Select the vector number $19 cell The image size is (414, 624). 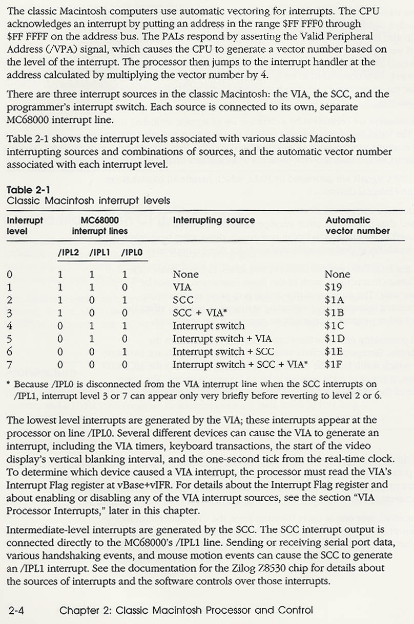pyautogui.click(x=334, y=287)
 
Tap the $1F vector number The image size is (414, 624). pyautogui.click(x=334, y=365)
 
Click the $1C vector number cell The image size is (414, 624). pyautogui.click(x=334, y=326)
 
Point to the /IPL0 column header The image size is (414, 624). pyautogui.click(x=132, y=252)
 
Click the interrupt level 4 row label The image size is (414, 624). pyautogui.click(x=10, y=326)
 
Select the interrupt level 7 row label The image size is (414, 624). pyautogui.click(x=10, y=365)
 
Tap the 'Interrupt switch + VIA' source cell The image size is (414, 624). pyautogui.click(x=222, y=339)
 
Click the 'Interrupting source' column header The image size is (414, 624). pyautogui.click(x=214, y=220)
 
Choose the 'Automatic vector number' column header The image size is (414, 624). pyautogui.click(x=357, y=226)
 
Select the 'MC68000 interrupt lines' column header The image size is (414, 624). pyautogui.click(x=100, y=226)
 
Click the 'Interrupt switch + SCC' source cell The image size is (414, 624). pyautogui.click(x=223, y=352)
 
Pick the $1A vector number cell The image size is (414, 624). pyautogui.click(x=334, y=300)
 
